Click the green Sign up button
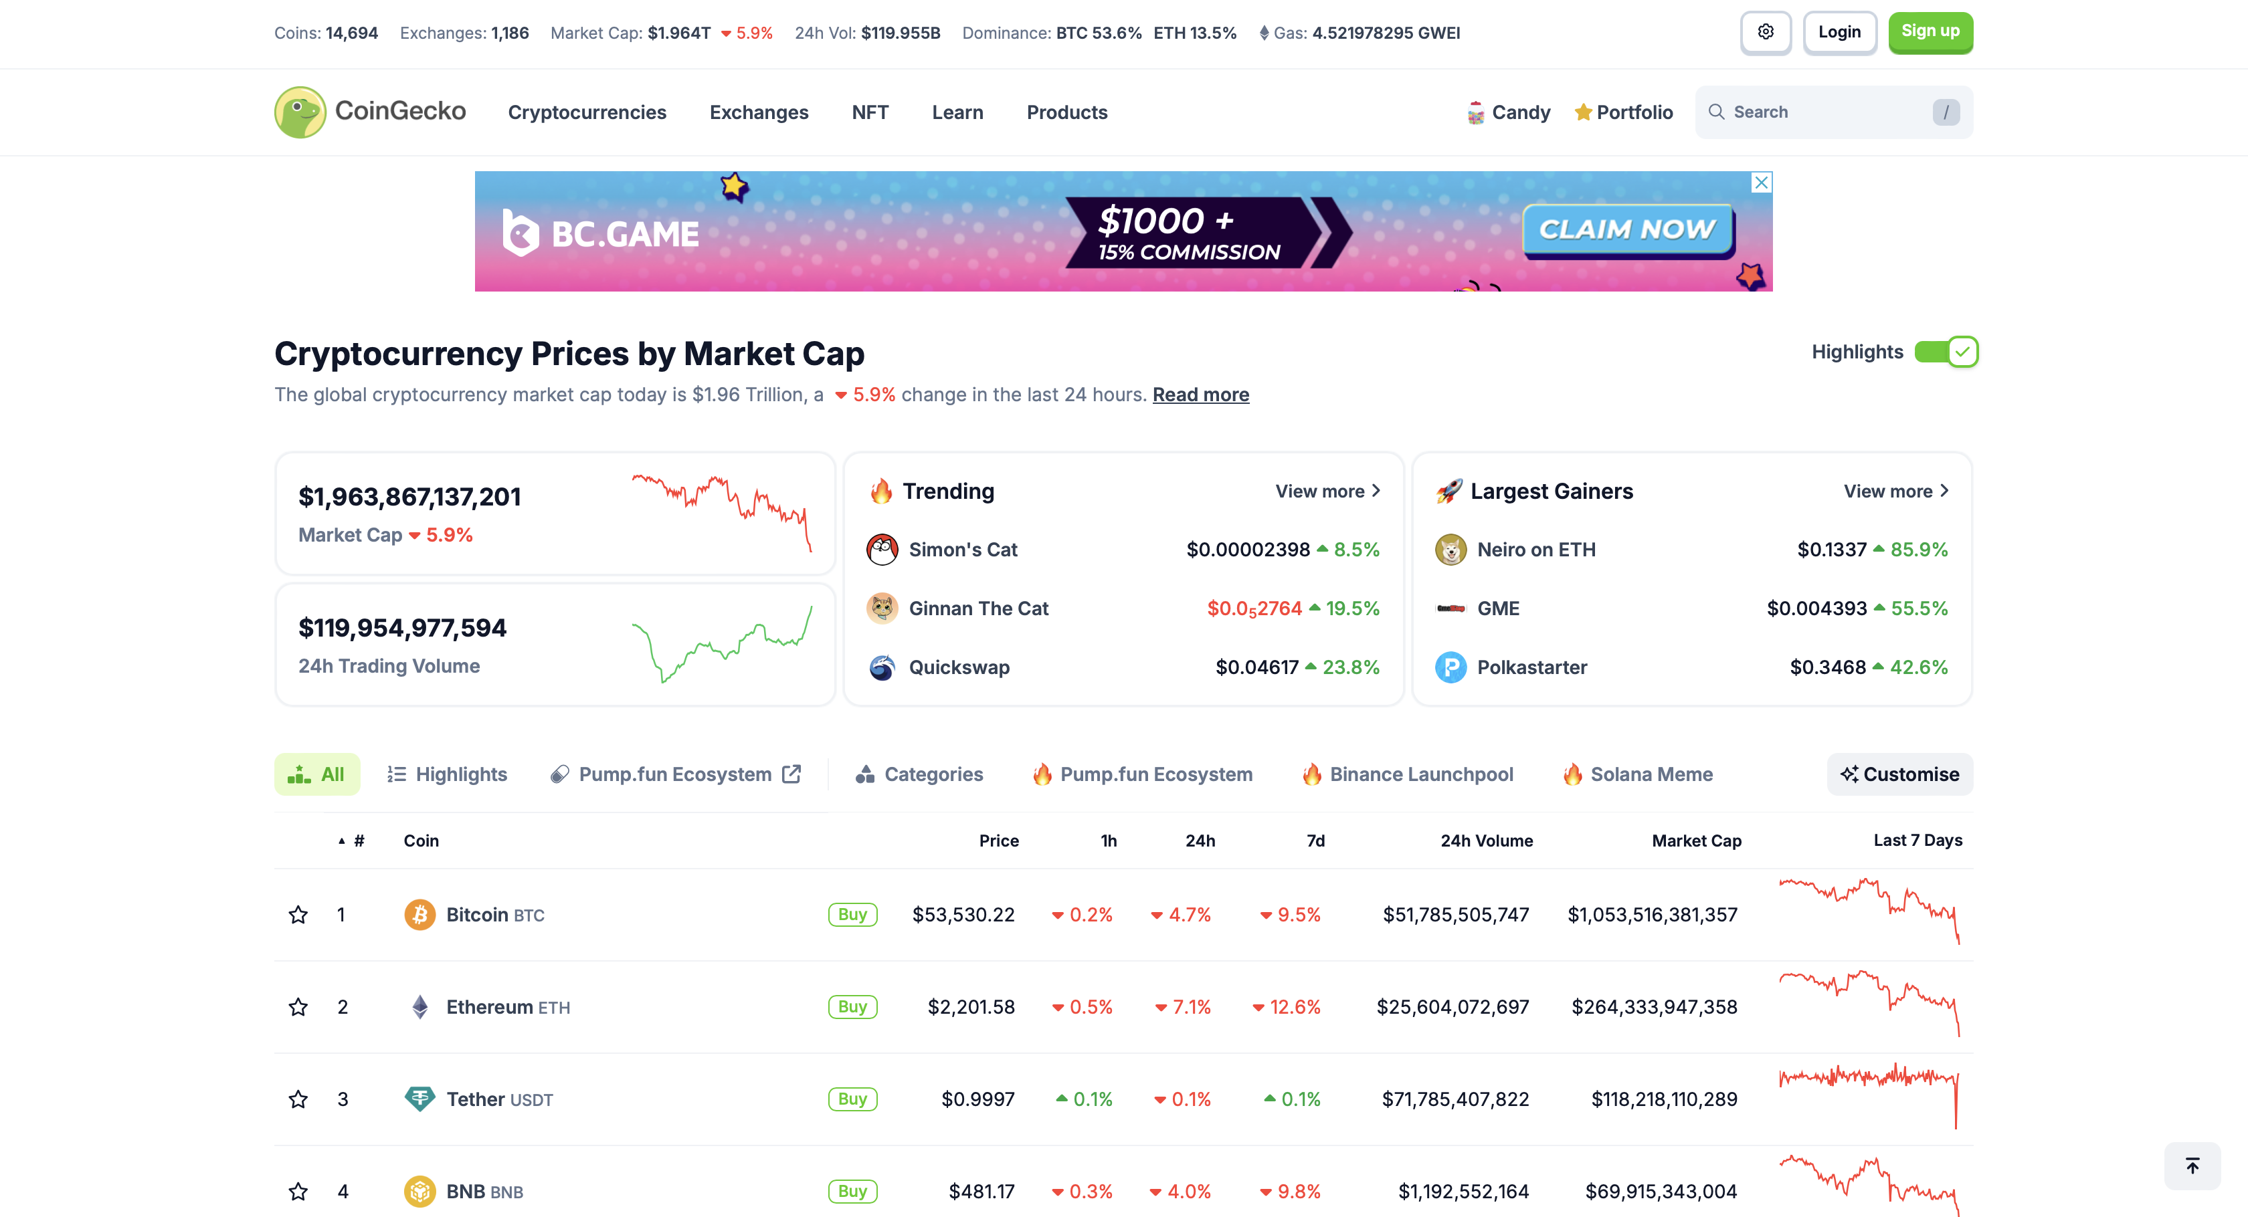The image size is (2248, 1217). (1930, 32)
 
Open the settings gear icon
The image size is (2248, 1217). (1766, 32)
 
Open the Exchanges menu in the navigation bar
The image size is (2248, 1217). (758, 112)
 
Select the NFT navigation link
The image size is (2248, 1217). (869, 112)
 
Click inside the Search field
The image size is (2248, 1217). (1829, 112)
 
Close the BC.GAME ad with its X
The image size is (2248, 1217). (1761, 183)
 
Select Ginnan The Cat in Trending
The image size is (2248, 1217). (977, 608)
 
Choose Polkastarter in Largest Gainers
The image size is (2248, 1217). (1531, 667)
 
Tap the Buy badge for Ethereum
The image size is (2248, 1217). (852, 1007)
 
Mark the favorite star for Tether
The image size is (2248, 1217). (298, 1099)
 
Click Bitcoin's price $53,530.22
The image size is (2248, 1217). (963, 914)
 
